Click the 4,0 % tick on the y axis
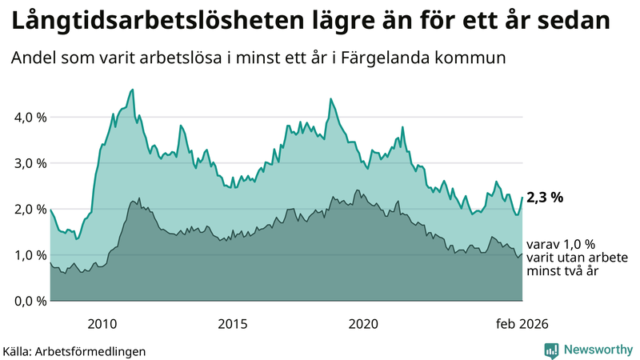26,117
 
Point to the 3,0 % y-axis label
26,163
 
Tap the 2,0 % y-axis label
26,209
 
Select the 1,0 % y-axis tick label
26,255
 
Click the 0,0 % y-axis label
26,301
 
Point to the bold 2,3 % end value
545,197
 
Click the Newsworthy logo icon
551,350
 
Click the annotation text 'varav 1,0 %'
561,245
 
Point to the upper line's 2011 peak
133,90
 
